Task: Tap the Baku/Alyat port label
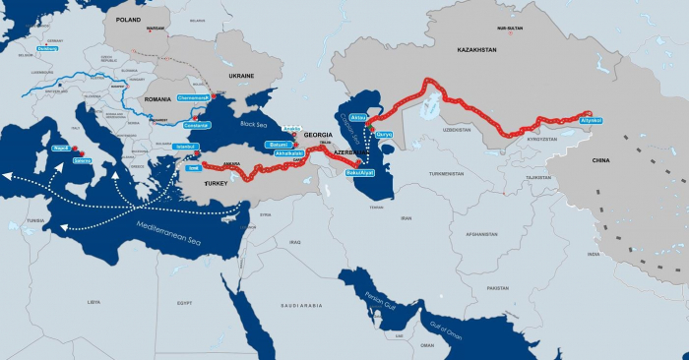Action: coord(360,173)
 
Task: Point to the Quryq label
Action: coord(385,134)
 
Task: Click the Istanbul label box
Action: coord(186,147)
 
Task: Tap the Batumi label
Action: coord(278,145)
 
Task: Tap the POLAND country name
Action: coord(128,18)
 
